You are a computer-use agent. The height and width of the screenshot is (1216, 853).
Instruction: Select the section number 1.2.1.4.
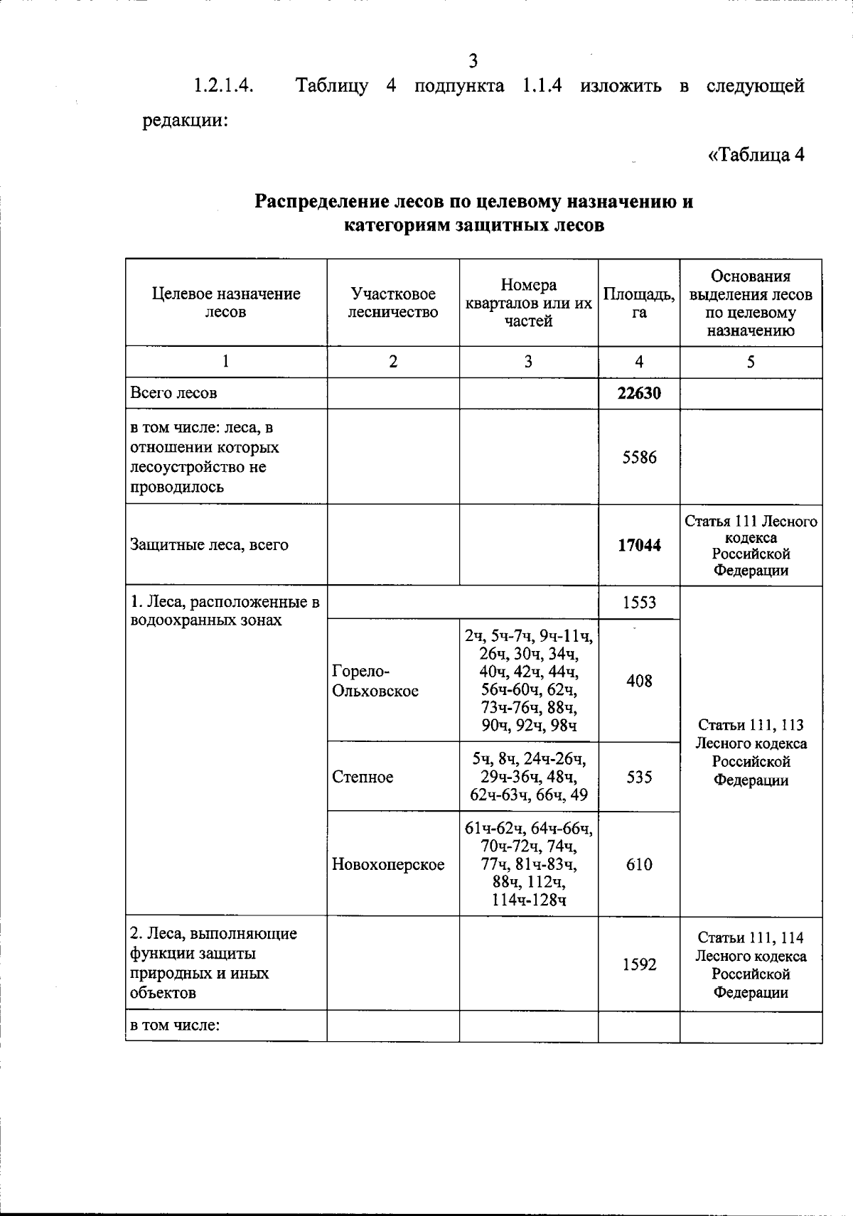pos(224,86)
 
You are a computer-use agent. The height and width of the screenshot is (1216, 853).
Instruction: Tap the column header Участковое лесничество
pos(392,303)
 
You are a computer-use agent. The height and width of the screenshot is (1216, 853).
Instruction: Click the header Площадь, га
pos(638,303)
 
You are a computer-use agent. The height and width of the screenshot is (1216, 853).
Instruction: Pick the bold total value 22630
pos(638,393)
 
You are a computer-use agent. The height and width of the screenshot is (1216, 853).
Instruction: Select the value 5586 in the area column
pos(639,457)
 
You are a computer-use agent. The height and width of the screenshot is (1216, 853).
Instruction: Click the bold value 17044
pos(638,545)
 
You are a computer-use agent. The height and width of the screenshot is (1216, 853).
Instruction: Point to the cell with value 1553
pos(639,603)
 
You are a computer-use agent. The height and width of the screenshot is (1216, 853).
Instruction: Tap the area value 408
pos(639,681)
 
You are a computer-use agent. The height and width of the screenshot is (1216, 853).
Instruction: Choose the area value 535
pos(639,777)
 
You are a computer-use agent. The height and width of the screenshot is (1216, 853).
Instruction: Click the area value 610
pos(639,864)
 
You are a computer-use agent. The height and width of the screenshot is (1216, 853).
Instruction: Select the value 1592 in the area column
pos(639,964)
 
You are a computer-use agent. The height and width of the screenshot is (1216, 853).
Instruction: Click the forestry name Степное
pos(363,777)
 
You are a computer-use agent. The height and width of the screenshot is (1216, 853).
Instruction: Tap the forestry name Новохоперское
pos(388,864)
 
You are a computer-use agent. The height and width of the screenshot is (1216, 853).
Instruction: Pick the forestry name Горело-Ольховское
pos(375,681)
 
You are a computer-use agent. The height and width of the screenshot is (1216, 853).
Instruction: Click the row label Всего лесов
pos(173,393)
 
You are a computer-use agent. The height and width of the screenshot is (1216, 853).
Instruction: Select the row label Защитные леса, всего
pos(209,545)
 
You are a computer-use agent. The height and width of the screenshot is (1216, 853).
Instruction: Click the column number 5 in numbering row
pos(751,362)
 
